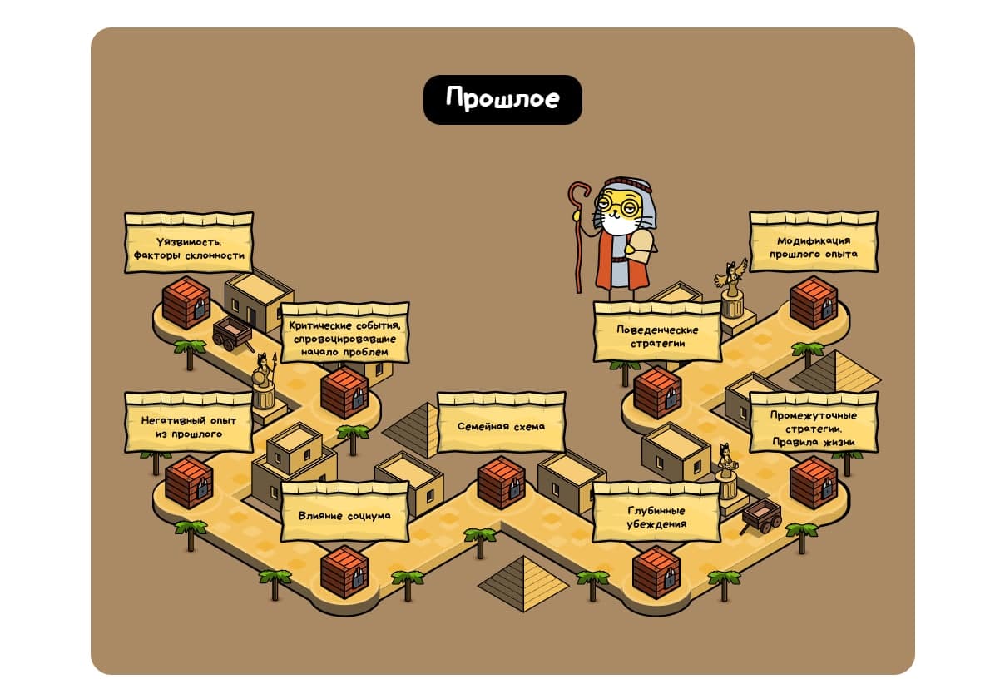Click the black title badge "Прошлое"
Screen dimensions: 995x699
tap(502, 100)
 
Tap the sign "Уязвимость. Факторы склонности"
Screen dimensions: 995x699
tap(189, 243)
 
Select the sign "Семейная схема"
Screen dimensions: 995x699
tap(502, 423)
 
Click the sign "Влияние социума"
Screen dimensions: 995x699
tap(344, 512)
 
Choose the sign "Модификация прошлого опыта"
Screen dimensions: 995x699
tap(814, 242)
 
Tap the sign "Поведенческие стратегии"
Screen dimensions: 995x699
tap(657, 332)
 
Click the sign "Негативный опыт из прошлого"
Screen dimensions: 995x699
tap(189, 423)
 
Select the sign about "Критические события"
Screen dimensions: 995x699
tap(344, 334)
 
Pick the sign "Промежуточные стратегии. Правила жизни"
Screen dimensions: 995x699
tap(814, 423)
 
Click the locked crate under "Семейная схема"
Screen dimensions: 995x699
tap(502, 483)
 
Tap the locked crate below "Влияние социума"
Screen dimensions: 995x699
tap(344, 572)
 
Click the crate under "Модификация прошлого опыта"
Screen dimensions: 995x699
tap(814, 302)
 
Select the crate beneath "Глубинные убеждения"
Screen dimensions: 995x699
tap(656, 572)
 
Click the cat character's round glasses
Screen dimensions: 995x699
tap(616, 204)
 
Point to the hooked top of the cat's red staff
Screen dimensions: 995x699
tap(579, 194)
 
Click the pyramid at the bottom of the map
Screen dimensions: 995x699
tap(523, 583)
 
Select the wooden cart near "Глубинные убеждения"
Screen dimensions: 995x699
tap(761, 516)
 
